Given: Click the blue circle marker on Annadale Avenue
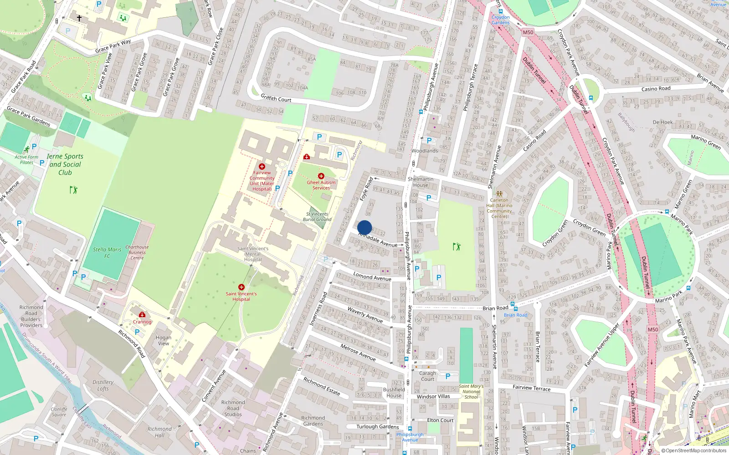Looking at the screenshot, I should pos(364,227).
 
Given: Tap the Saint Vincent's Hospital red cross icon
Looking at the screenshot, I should pos(241,287).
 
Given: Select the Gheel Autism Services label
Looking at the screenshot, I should pos(321,185).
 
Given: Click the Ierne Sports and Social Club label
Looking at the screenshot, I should pos(65,164).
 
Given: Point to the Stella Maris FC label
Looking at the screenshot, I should pos(107,253).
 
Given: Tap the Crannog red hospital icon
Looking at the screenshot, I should pos(142,314).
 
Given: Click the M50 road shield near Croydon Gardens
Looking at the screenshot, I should pos(528,32).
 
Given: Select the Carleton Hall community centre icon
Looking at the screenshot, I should pos(499,194).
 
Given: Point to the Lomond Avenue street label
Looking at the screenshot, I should pos(372,277).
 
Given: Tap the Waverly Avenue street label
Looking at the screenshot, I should pos(365,314).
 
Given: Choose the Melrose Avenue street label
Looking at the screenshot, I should pos(358,352).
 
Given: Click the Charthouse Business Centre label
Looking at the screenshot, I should pos(137,253).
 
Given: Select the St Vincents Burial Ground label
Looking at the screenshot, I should pos(317,217).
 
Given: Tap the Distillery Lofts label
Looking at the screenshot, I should pos(103,385).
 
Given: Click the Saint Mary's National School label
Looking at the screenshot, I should pos(471,391).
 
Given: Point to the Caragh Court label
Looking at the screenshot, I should pos(427,376).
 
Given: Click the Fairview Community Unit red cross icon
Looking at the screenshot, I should pos(262,167).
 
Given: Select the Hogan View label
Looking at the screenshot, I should pos(164,340).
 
